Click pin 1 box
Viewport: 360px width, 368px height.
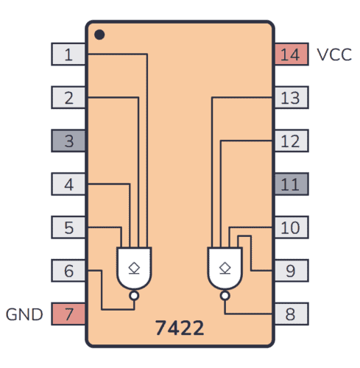coord(68,54)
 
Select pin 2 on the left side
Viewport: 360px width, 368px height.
coord(68,97)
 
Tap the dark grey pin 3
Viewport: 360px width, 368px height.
coord(68,141)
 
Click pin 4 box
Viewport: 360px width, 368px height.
coord(68,184)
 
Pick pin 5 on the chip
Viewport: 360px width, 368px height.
coord(68,227)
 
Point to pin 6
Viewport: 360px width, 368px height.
coord(68,271)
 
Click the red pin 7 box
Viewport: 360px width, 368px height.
coord(68,314)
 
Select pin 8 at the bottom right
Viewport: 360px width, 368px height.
coord(291,314)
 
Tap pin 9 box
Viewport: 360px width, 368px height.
coord(291,271)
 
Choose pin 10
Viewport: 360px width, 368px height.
coord(291,227)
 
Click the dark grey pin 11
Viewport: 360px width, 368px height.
coord(291,184)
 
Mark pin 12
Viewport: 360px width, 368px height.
coord(291,141)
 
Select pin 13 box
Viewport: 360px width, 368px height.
coord(291,97)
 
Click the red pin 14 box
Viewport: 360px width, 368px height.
coord(291,54)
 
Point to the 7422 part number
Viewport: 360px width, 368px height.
coord(180,328)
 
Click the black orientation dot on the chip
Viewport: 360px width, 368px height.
coord(99,35)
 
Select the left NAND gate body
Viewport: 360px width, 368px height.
coord(133,267)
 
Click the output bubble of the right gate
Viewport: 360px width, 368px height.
coord(225,296)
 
